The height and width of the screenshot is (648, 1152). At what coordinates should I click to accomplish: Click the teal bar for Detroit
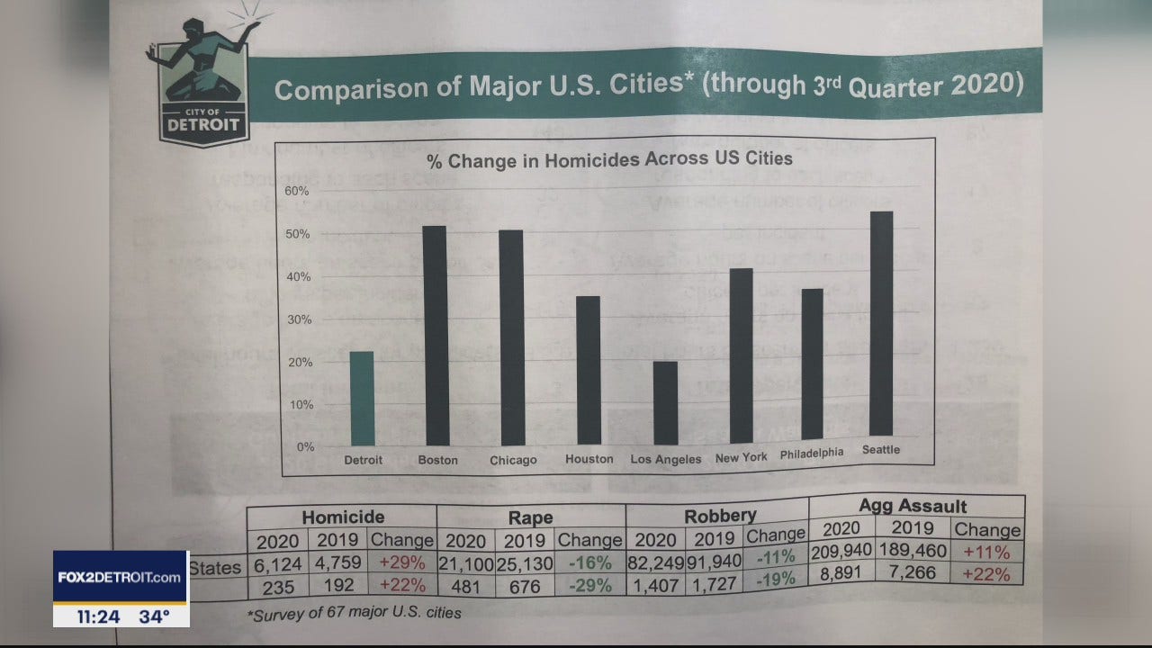pos(362,398)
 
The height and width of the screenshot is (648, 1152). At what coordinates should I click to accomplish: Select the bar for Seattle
pos(881,324)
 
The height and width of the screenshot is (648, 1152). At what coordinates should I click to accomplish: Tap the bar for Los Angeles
pos(665,403)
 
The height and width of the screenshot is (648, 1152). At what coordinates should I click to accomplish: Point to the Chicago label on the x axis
pos(513,461)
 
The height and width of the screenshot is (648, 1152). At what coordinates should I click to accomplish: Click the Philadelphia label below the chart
pos(812,454)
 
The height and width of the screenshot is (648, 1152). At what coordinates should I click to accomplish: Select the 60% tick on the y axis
pos(297,191)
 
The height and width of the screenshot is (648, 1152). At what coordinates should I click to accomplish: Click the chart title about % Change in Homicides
pos(609,159)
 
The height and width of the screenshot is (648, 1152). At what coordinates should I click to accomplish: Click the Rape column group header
pos(531,517)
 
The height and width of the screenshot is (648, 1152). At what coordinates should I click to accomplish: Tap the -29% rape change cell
pos(589,586)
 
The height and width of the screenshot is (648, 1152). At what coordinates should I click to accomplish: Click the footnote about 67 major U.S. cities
pos(355,614)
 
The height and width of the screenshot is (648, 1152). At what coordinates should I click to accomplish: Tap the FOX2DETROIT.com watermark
pos(121,577)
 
